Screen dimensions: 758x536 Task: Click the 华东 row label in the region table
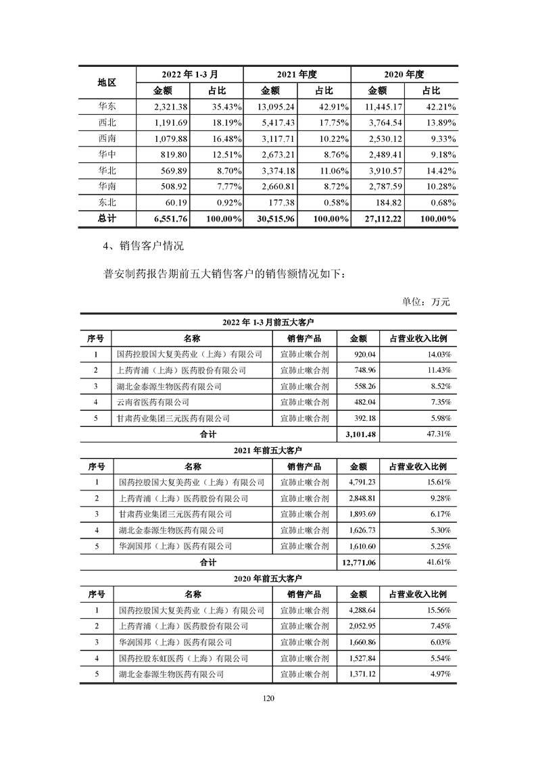[107, 107]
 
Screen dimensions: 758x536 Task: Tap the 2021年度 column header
[297, 74]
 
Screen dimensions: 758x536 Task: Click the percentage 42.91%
[331, 107]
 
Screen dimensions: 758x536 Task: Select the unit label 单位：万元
[426, 301]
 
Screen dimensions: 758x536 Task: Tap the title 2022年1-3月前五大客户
[268, 322]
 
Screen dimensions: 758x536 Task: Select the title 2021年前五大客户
[268, 450]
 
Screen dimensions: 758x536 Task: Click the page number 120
[268, 699]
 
